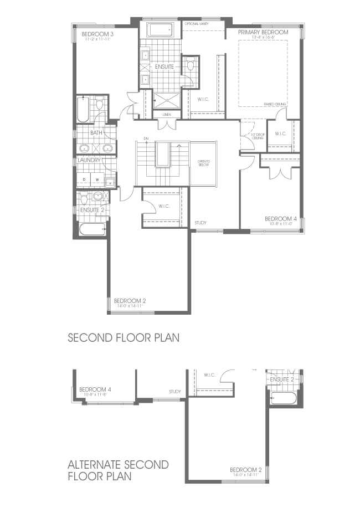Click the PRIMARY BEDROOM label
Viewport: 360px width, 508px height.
tap(263, 33)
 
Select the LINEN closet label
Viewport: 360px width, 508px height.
tap(167, 115)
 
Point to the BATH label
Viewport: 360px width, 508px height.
tap(96, 133)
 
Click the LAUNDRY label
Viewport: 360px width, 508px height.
tap(89, 161)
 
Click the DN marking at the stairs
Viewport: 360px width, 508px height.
tap(146, 138)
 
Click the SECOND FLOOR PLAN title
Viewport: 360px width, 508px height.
tap(124, 337)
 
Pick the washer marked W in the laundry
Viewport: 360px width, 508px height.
tap(96, 179)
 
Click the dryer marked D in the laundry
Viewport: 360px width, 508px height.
tap(84, 179)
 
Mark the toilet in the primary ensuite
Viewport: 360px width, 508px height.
tap(191, 66)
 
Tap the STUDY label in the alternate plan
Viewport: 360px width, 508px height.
tap(175, 392)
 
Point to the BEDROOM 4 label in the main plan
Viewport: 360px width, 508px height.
tap(280, 219)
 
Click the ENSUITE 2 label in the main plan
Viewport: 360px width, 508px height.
tap(92, 210)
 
